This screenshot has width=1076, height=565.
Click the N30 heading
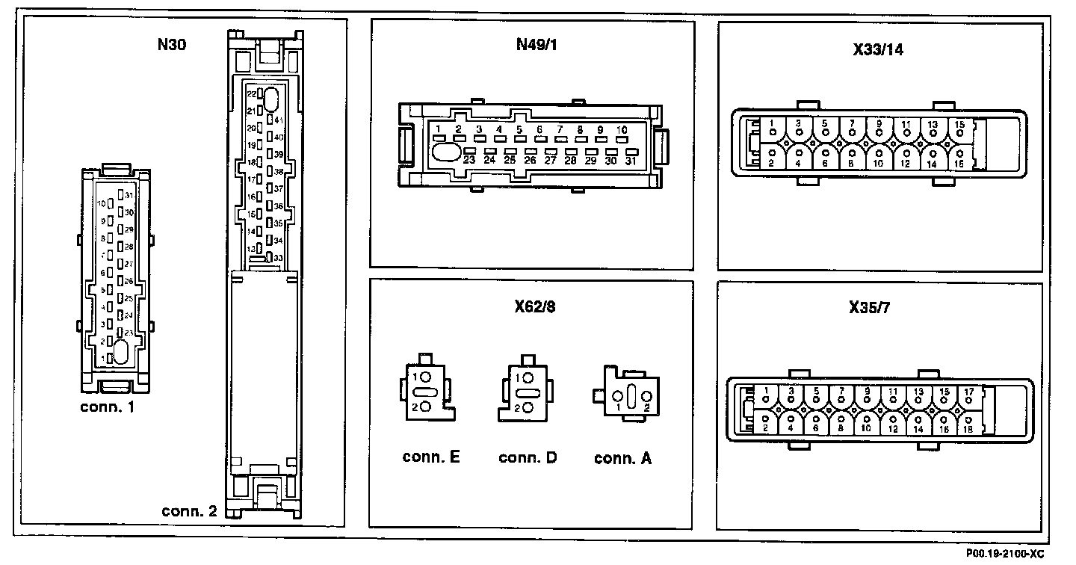tap(171, 44)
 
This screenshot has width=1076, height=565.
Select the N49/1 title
tap(537, 44)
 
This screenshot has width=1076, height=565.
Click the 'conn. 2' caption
tap(189, 512)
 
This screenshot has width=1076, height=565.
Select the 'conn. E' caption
tap(431, 457)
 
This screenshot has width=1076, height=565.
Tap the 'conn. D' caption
tap(528, 457)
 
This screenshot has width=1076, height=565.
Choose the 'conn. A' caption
tap(622, 458)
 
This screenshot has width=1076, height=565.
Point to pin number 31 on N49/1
tap(631, 160)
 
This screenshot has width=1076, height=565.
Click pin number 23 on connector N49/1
tap(469, 159)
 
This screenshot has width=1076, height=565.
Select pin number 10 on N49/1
tap(622, 129)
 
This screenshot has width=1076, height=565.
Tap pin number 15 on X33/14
tap(959, 124)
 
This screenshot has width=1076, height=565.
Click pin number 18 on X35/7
tap(969, 428)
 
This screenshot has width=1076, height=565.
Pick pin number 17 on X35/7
tap(968, 391)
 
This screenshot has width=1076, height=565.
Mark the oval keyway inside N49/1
tap(447, 152)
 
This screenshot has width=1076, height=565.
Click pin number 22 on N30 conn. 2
tap(252, 95)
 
